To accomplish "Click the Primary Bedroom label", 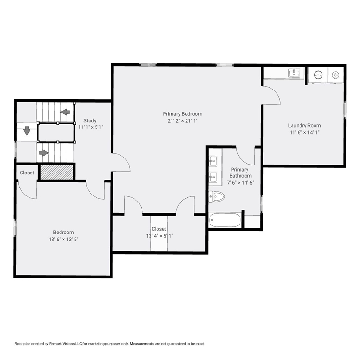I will click(x=182, y=114).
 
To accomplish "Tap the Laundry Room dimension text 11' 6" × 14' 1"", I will click(x=304, y=132).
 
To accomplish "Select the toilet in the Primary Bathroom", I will click(x=216, y=196).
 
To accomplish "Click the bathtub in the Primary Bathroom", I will click(x=225, y=220).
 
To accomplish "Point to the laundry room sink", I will click(x=294, y=73).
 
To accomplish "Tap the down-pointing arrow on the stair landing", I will click(x=27, y=131).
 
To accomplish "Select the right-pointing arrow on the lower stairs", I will click(x=44, y=152).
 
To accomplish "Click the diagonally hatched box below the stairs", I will click(x=56, y=172).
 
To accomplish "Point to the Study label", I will click(x=90, y=120).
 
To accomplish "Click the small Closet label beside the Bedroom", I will click(x=27, y=172).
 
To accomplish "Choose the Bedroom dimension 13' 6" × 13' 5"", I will click(x=63, y=239).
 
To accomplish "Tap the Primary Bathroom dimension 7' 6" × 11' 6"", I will click(x=240, y=183).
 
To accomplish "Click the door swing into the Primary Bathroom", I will click(x=245, y=156).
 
